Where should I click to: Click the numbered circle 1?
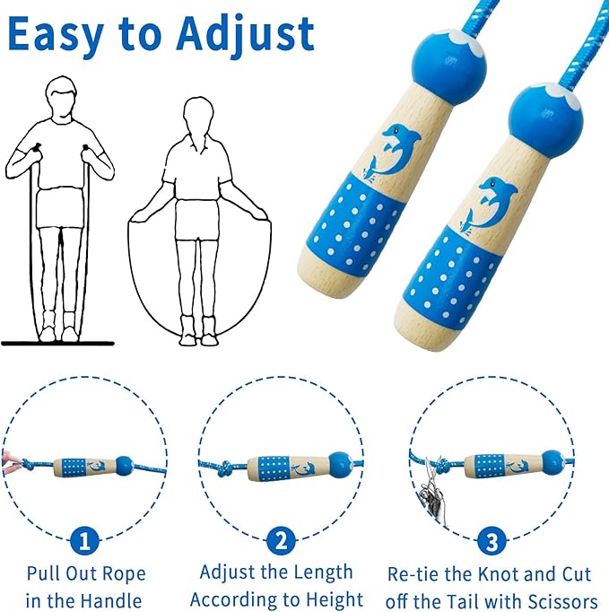coord(84,540)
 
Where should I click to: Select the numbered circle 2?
coord(281,540)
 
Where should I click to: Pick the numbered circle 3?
coord(492,540)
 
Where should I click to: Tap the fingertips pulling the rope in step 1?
coord(12,463)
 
